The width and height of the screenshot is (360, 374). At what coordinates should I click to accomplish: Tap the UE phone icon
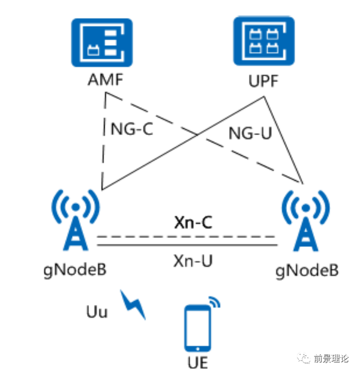[197, 327]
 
